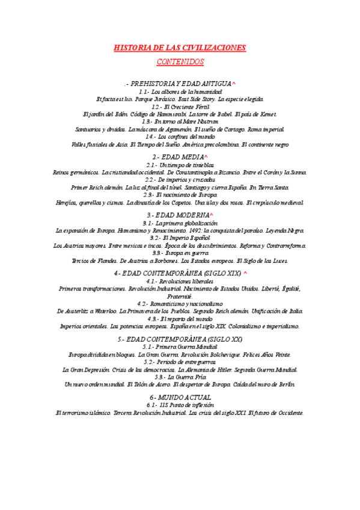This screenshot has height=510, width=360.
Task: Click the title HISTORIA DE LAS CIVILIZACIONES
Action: click(x=180, y=48)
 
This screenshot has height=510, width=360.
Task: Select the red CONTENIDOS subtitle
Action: click(x=180, y=62)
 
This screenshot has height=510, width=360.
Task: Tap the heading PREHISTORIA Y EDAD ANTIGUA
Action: click(x=180, y=83)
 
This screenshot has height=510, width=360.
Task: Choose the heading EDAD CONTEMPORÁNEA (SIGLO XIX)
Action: click(x=178, y=273)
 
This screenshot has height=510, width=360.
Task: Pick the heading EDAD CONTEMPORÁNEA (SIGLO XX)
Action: click(x=180, y=339)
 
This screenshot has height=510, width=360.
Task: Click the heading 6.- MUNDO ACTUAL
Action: click(x=180, y=398)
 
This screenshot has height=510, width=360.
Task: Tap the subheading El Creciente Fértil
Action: click(x=180, y=106)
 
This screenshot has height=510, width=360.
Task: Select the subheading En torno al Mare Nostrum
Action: click(x=180, y=121)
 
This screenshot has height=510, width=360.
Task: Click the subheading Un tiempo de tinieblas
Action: click(x=180, y=165)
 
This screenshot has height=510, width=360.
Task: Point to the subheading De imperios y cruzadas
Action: click(x=180, y=179)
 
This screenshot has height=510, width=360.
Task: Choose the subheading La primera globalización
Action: click(x=180, y=223)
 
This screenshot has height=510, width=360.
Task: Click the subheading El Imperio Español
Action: click(x=180, y=238)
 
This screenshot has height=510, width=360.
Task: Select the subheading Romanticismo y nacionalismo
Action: click(x=180, y=303)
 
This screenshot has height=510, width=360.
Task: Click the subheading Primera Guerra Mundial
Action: click(x=180, y=347)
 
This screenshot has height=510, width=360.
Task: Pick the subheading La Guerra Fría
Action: click(x=180, y=376)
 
